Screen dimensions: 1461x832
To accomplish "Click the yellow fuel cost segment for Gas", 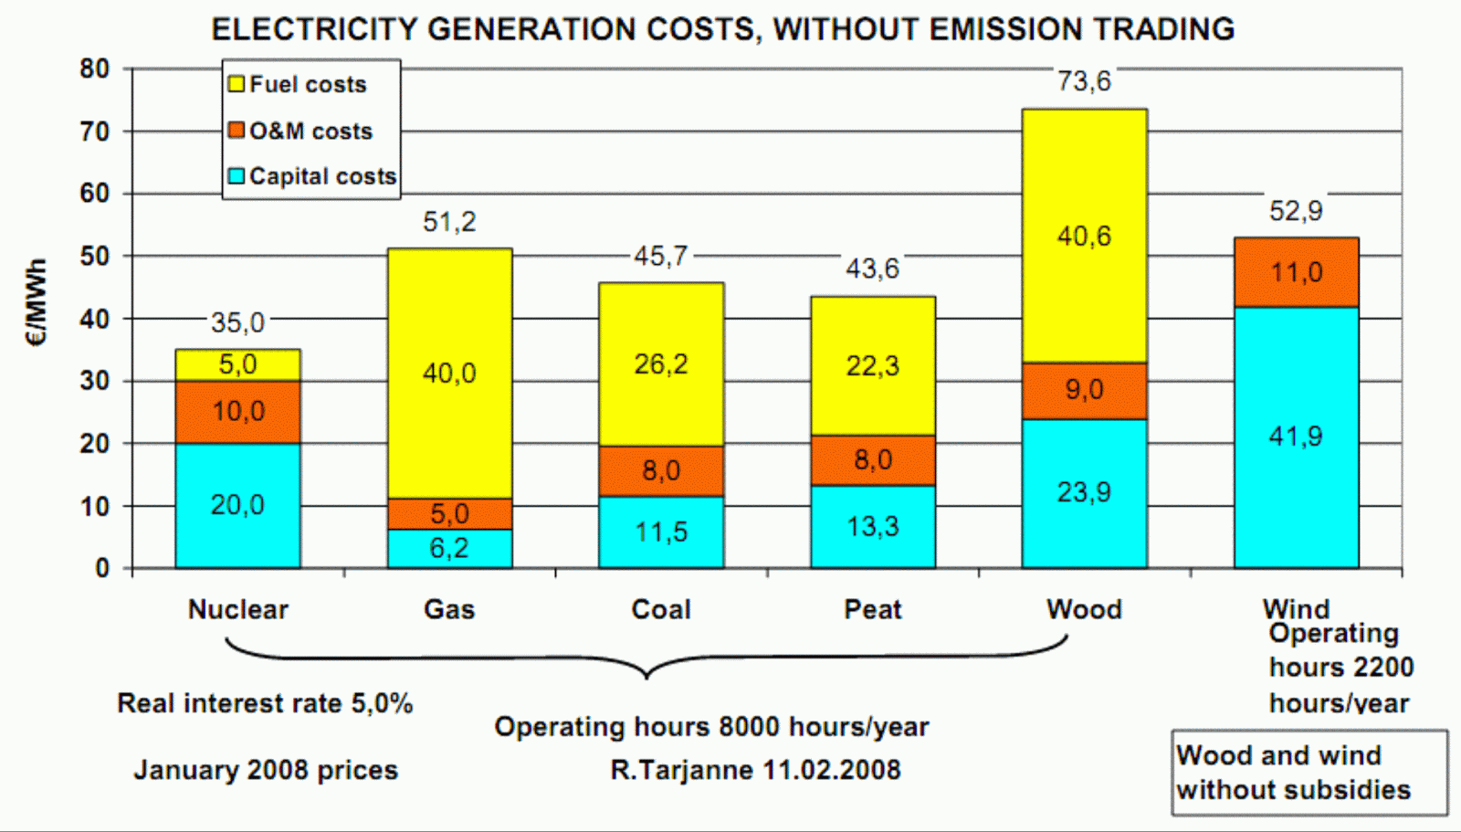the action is coord(450,374).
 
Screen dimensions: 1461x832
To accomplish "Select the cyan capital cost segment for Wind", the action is coord(1297,437).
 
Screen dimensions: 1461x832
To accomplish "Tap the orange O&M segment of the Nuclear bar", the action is coord(238,413).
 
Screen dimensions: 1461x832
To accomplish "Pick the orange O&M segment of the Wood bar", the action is coord(1085,391).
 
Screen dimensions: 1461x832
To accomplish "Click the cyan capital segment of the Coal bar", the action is coord(661,532).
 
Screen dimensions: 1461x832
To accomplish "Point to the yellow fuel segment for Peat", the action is coord(873,366).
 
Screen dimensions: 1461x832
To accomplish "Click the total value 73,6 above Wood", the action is coord(1084,81).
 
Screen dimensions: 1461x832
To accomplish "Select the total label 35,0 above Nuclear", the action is coord(237,322).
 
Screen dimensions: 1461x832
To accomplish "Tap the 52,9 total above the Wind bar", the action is coord(1296,211).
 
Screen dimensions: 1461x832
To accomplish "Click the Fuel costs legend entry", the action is coord(298,84).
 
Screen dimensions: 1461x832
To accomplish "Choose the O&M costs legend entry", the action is coord(300,131).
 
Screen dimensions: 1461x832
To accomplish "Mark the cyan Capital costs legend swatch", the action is coord(236,176).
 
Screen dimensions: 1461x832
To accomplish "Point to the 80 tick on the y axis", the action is coord(95,68).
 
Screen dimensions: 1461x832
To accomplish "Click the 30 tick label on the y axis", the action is coord(95,381).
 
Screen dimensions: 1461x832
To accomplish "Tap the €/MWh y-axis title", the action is coord(37,302).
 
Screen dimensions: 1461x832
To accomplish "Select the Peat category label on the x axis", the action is coord(873,609).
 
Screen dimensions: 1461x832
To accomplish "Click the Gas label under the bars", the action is coord(449,609).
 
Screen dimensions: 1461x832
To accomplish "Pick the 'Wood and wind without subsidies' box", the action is coord(1309,773).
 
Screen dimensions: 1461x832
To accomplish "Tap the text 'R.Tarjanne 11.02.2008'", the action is coord(755,770).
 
